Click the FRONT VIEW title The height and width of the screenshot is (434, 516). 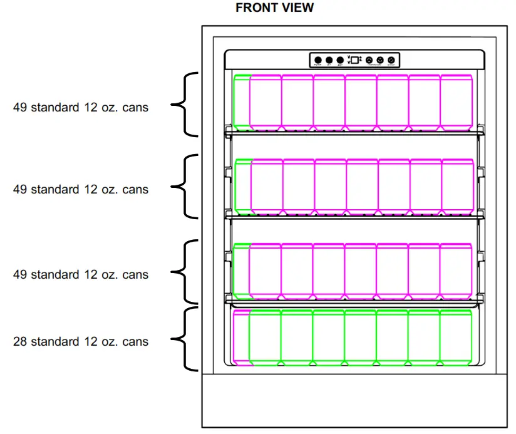pos(274,8)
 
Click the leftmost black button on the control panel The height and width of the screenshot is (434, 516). pos(318,60)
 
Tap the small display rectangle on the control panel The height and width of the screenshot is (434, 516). pos(354,60)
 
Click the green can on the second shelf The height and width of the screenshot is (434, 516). pos(243,185)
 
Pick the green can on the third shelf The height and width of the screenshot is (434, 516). pos(241,269)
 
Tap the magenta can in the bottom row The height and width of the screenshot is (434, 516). pos(241,337)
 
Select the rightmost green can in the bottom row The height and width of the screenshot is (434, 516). pos(456,337)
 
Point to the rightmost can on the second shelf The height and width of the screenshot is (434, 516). pos(458,185)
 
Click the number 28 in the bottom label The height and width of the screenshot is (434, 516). pos(20,342)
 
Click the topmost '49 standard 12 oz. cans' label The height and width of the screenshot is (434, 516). pos(81,107)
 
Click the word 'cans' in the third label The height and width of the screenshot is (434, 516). pos(135,274)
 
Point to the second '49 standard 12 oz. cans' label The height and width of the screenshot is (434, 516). pos(81,189)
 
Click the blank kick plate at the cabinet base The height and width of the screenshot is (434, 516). pos(354,401)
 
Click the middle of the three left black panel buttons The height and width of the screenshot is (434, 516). pos(329,60)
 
